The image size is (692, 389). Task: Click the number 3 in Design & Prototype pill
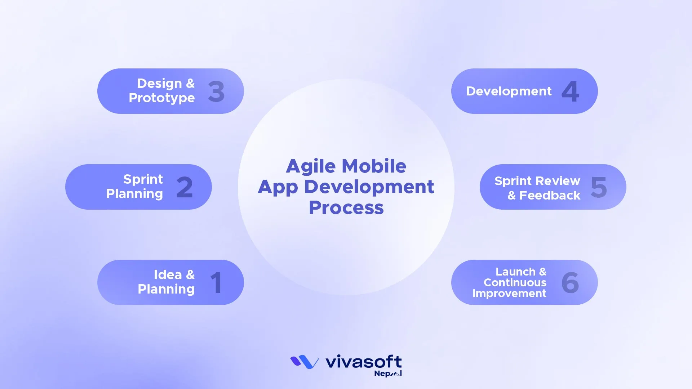(216, 91)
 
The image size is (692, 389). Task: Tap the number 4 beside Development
(570, 91)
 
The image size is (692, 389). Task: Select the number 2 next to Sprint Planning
(185, 187)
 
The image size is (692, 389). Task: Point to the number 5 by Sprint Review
(599, 187)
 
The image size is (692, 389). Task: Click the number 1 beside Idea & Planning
(216, 283)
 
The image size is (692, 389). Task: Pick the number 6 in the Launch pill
(570, 283)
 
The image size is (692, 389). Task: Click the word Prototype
(161, 98)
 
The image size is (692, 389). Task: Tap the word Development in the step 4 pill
(509, 91)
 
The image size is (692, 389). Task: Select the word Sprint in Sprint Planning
(143, 179)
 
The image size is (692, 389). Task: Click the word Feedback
(550, 196)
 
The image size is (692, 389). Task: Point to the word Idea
(168, 275)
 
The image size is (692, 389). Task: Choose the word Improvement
(509, 294)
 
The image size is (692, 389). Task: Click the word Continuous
(515, 283)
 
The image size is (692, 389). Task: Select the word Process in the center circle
(346, 208)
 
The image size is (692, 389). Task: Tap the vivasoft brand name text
(363, 361)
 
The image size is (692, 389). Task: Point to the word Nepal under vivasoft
(387, 374)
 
